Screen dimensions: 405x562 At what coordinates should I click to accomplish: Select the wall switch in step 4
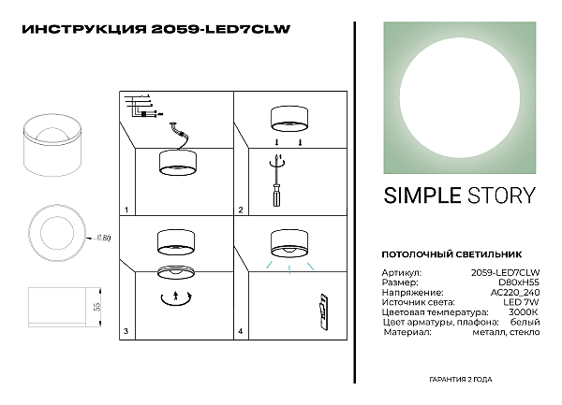[x=322, y=311]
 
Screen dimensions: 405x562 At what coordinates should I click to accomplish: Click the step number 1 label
[x=126, y=210]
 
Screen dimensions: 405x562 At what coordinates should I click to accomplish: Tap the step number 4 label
[x=241, y=331]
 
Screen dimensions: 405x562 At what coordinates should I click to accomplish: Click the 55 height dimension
[x=96, y=305]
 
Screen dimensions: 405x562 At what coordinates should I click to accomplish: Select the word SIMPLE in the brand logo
[x=421, y=195]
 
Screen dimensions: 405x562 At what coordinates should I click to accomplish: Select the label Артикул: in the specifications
[x=401, y=272]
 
